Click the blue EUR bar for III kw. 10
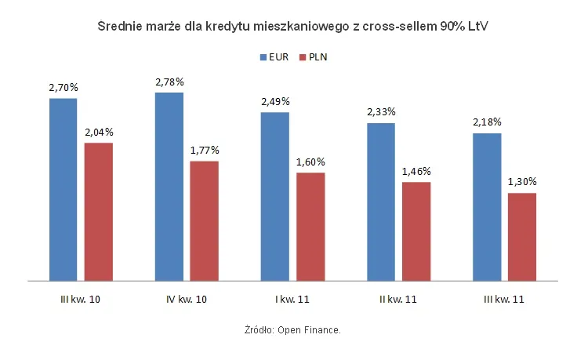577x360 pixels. click(63, 188)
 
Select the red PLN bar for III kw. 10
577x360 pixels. click(99, 211)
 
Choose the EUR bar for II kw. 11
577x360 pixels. click(381, 201)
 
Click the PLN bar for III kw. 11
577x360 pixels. click(522, 236)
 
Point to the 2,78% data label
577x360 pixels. click(169, 82)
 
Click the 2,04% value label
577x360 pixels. click(99, 133)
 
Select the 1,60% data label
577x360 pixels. click(310, 162)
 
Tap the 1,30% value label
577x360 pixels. click(522, 183)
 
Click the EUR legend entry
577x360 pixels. click(274, 57)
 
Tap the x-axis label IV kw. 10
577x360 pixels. click(187, 300)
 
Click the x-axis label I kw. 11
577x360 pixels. click(292, 300)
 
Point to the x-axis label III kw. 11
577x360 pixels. click(504, 300)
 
